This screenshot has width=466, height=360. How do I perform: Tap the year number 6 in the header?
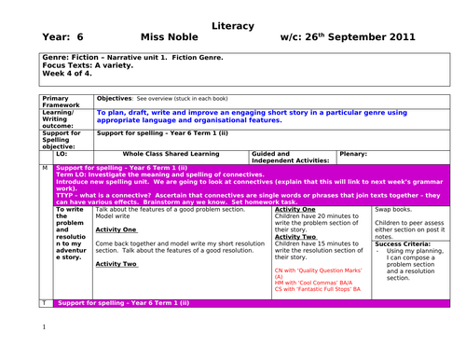point(80,38)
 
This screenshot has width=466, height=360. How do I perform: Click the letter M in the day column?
point(45,167)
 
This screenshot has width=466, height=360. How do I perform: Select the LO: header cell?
point(62,153)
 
